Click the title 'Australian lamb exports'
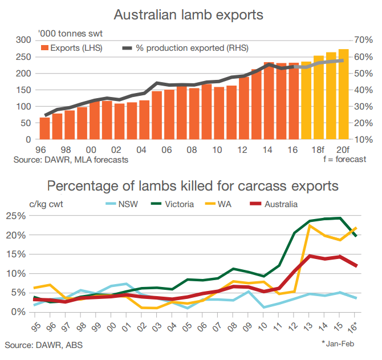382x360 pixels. coord(191,14)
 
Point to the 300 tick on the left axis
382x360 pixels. coord(23,40)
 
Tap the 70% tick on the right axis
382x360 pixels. coord(363,40)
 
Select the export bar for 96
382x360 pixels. coord(44,128)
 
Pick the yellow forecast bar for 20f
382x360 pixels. coord(344,94)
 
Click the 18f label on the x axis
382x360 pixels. coord(317,149)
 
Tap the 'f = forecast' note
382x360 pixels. coord(344,160)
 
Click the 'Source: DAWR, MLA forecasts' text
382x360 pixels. coord(71,160)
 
